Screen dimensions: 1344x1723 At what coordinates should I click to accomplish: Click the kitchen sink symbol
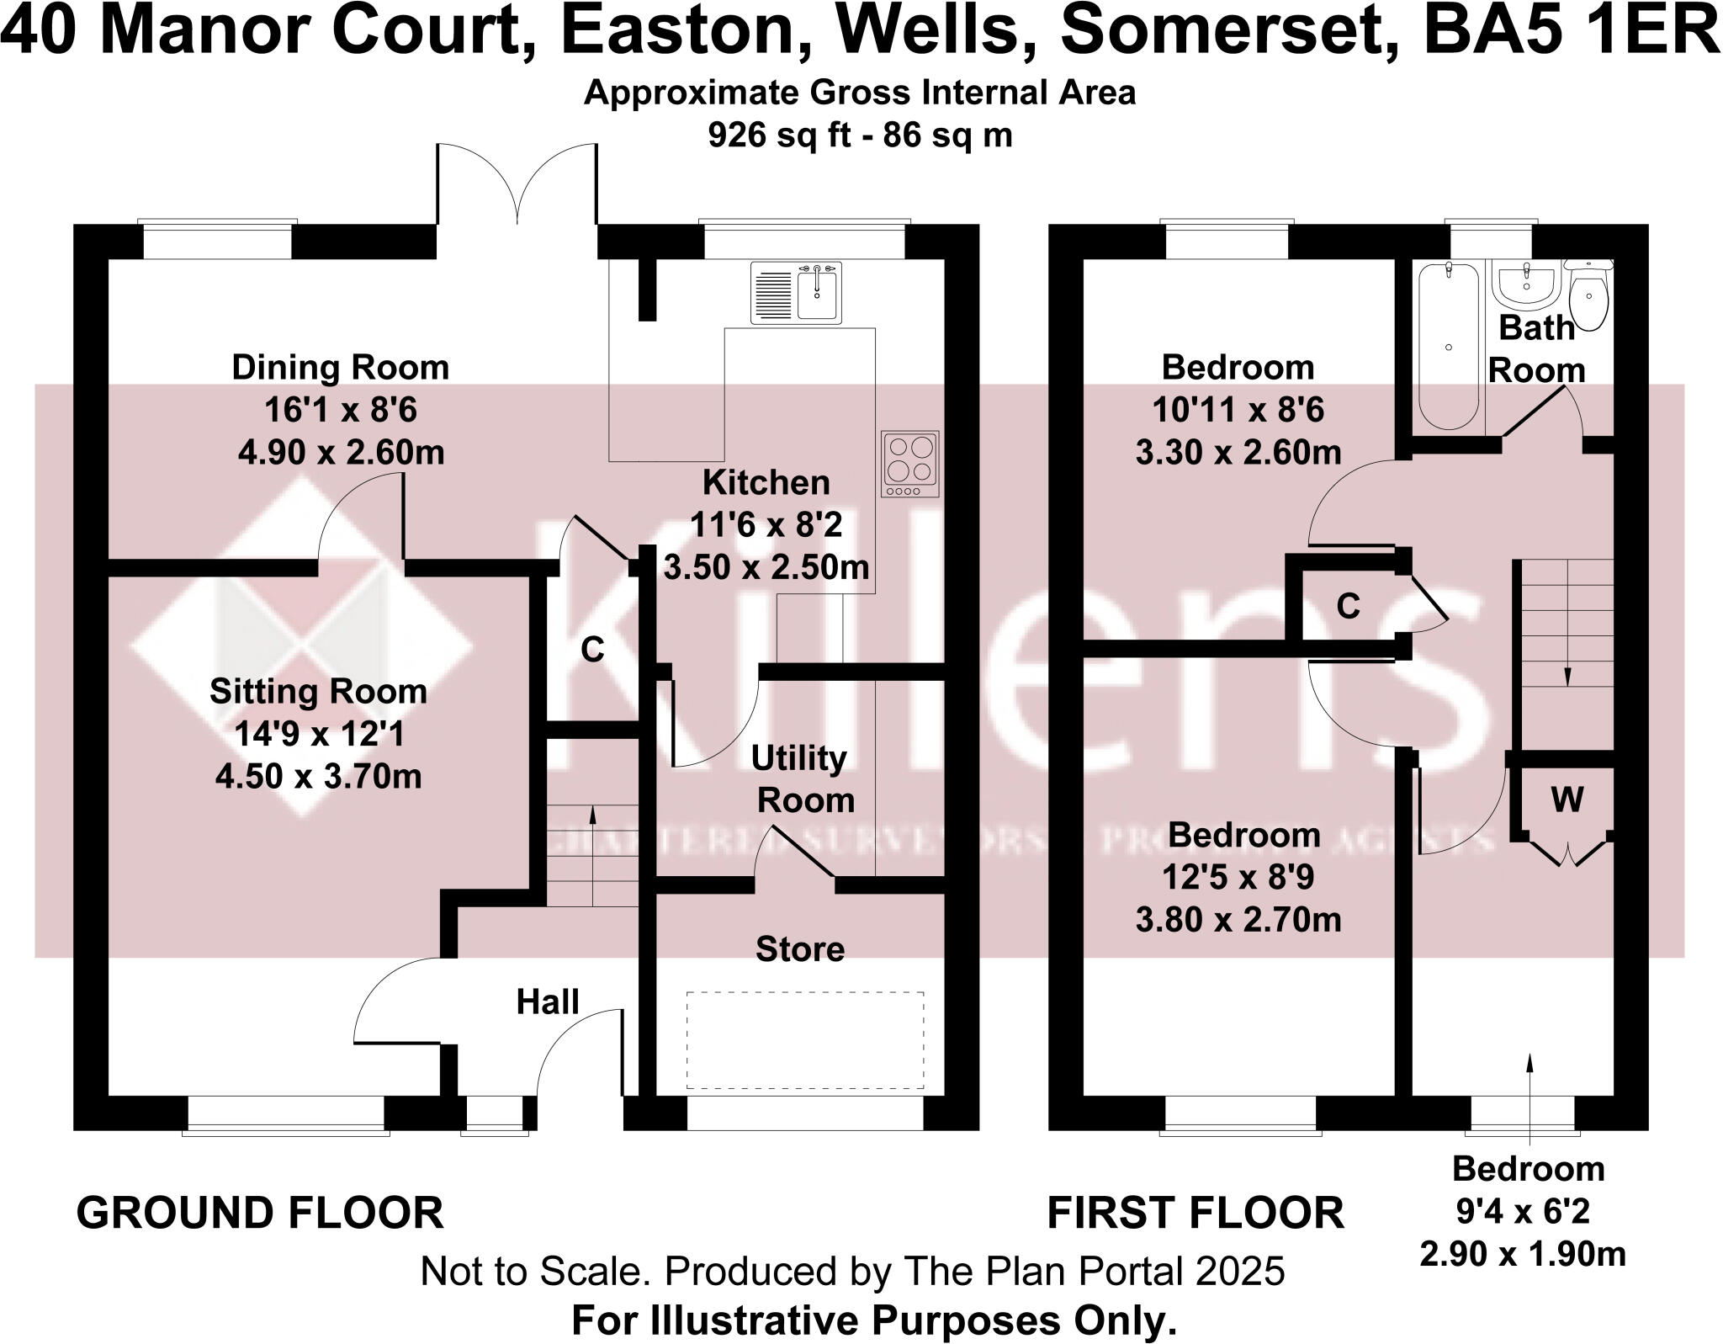coord(795,292)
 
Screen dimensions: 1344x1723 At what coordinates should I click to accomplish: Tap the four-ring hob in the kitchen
coord(909,464)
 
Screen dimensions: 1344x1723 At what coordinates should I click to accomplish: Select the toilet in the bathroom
coord(1588,298)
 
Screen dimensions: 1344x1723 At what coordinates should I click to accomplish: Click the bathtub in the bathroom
coord(1447,347)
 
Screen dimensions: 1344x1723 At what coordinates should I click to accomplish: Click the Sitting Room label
coord(318,692)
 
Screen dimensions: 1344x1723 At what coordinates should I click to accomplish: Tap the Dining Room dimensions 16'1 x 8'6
coord(341,411)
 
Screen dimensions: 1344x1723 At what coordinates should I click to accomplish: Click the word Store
coord(799,949)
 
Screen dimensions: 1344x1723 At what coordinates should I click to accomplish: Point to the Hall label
coord(548,1002)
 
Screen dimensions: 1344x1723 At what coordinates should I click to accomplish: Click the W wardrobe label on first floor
coord(1567,799)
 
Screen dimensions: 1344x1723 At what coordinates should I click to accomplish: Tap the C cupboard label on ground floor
coord(592,650)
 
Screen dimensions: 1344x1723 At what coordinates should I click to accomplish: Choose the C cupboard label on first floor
coord(1348,606)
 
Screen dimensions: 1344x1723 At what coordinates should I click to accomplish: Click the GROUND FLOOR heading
coord(260,1214)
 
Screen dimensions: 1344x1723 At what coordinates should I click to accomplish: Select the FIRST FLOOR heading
coord(1195,1214)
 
